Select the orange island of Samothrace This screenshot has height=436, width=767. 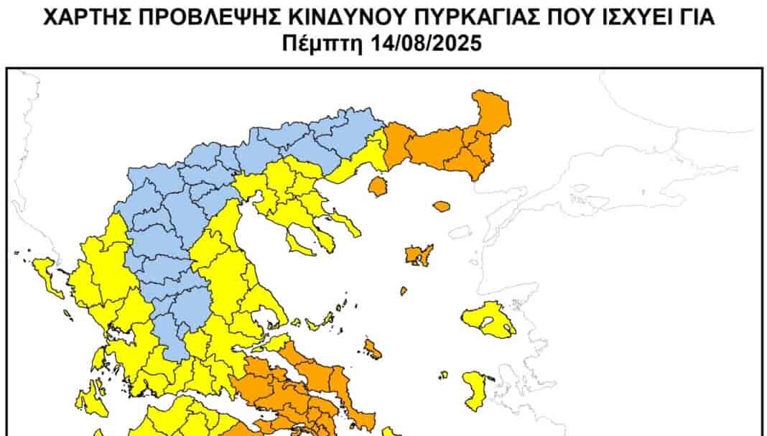click(x=441, y=206)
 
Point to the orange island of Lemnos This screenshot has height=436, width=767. click(x=417, y=254)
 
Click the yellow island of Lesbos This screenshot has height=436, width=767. click(x=488, y=320)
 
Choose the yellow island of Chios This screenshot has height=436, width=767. click(x=475, y=389)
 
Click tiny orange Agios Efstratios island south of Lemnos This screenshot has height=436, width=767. click(x=404, y=291)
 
